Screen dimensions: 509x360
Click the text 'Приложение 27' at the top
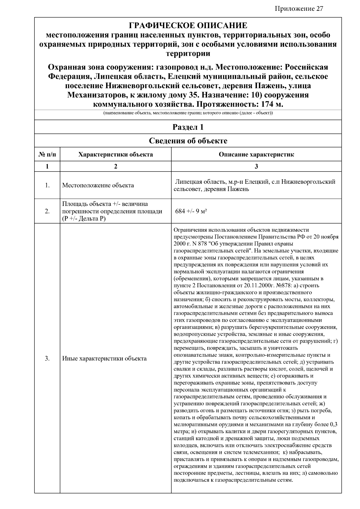(x=299, y=8)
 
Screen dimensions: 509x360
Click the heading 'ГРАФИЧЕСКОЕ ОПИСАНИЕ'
(x=188, y=25)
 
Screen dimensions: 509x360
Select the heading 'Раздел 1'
(x=188, y=127)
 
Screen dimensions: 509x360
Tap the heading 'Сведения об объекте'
(x=188, y=141)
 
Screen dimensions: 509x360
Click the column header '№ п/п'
(x=47, y=155)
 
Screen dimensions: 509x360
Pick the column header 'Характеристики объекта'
(x=115, y=155)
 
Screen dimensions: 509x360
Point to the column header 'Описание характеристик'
(x=256, y=155)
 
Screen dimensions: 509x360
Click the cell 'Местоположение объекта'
(x=98, y=185)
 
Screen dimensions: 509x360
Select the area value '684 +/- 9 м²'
(x=191, y=211)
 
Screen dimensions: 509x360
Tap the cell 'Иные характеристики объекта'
(x=104, y=359)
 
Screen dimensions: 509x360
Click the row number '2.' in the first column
(x=47, y=211)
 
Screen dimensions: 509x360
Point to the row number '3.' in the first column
(x=47, y=359)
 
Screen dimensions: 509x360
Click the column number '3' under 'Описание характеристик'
(x=256, y=166)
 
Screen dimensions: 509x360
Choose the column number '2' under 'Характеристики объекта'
(x=115, y=166)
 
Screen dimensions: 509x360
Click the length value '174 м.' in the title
(x=272, y=105)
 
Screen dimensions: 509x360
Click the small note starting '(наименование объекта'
(x=188, y=113)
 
